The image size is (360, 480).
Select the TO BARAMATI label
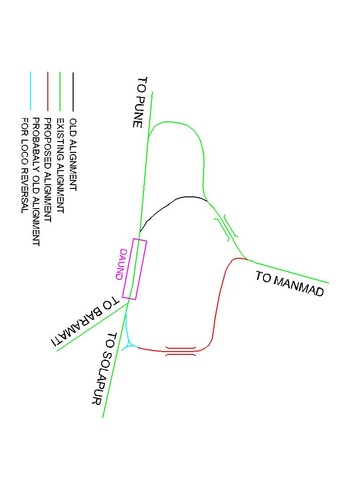point(89,321)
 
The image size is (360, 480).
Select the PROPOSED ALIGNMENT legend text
point(47,165)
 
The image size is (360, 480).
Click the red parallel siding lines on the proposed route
point(181,349)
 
